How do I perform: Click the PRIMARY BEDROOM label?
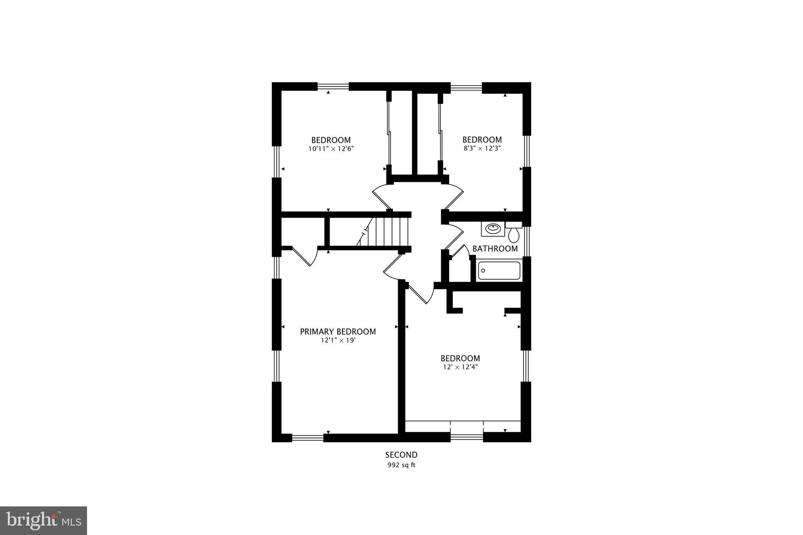338,332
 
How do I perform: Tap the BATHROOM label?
495,248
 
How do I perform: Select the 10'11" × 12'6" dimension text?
331,149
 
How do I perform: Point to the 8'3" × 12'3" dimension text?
482,148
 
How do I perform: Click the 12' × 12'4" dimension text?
460,367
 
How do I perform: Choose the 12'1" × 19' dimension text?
338,340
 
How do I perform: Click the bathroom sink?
492,228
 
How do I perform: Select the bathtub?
499,270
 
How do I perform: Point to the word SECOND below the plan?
401,455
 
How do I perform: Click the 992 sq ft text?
401,465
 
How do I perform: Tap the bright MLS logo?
44,521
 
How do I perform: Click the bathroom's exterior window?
527,241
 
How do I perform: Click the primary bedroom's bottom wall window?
308,437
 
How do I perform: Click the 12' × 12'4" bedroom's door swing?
420,293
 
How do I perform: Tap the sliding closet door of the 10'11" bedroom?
389,133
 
